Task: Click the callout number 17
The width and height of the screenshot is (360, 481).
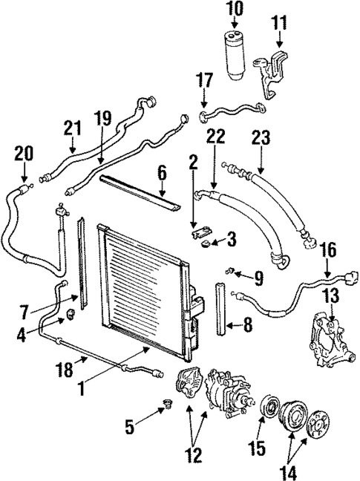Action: (x=205, y=79)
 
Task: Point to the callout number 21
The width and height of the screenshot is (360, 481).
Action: (x=71, y=128)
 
